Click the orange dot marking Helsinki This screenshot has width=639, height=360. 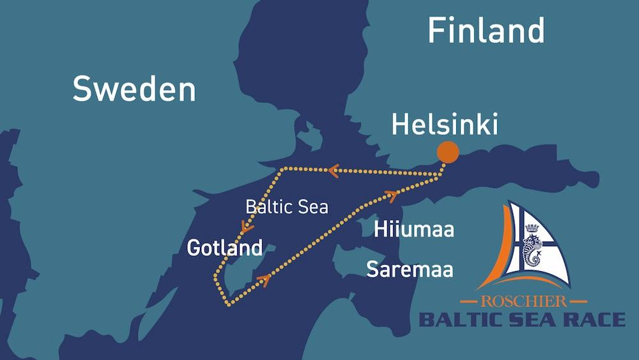coord(448,153)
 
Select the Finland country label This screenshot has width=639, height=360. coord(486,30)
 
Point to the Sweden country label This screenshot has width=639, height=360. coord(134,89)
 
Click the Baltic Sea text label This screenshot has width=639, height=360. coord(287,207)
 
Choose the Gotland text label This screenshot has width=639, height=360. coord(224,247)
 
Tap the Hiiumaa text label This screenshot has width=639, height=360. coord(414,229)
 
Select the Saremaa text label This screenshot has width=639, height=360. coord(410,269)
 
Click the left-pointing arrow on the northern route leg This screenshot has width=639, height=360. coord(332,171)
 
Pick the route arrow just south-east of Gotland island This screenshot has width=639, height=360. coord(264,278)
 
